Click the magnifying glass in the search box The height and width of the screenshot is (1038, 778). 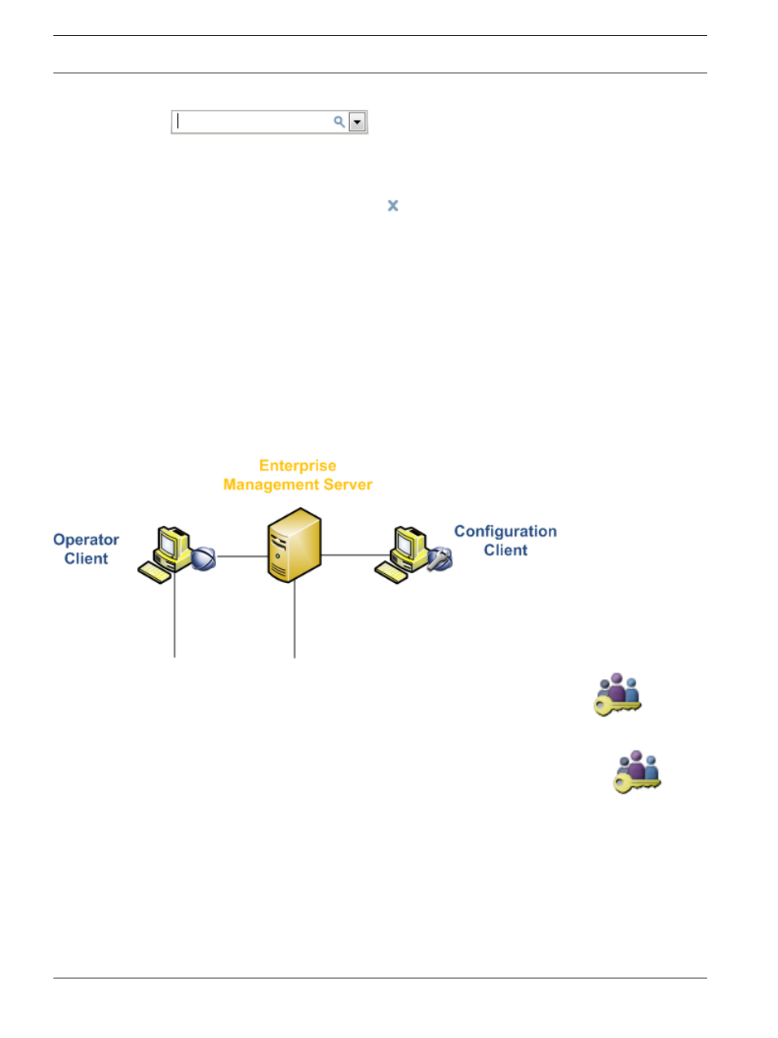pyautogui.click(x=339, y=122)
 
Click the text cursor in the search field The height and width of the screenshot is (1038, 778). pyautogui.click(x=177, y=121)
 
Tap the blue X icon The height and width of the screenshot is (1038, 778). pyautogui.click(x=392, y=205)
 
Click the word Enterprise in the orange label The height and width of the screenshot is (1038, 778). pyautogui.click(x=298, y=466)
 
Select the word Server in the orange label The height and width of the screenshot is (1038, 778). pyautogui.click(x=347, y=484)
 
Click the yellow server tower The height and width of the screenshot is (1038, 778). pyautogui.click(x=294, y=546)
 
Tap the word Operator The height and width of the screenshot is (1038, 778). pyautogui.click(x=86, y=540)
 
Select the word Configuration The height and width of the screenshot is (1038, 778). pyautogui.click(x=505, y=531)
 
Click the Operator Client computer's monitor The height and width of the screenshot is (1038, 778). pyautogui.click(x=170, y=542)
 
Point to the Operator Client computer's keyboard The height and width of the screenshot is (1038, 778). pyautogui.click(x=154, y=572)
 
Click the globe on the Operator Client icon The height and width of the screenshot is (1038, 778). pyautogui.click(x=203, y=559)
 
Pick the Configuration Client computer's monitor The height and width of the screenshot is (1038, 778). pyautogui.click(x=407, y=542)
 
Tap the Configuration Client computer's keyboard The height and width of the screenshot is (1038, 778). pyautogui.click(x=391, y=572)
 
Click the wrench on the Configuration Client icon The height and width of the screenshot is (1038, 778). pyautogui.click(x=439, y=559)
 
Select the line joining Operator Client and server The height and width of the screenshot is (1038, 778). pyautogui.click(x=242, y=556)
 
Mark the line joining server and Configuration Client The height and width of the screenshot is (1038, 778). pyautogui.click(x=356, y=555)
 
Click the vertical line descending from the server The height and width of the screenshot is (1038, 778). pyautogui.click(x=294, y=619)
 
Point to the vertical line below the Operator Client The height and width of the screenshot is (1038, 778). pyautogui.click(x=175, y=615)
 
